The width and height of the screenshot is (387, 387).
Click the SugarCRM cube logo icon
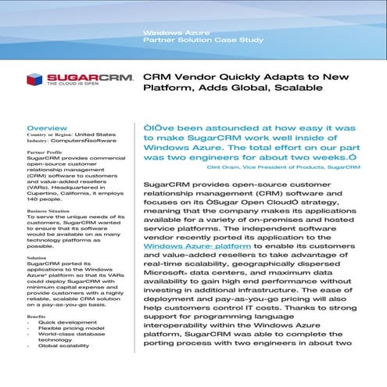coord(34,78)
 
